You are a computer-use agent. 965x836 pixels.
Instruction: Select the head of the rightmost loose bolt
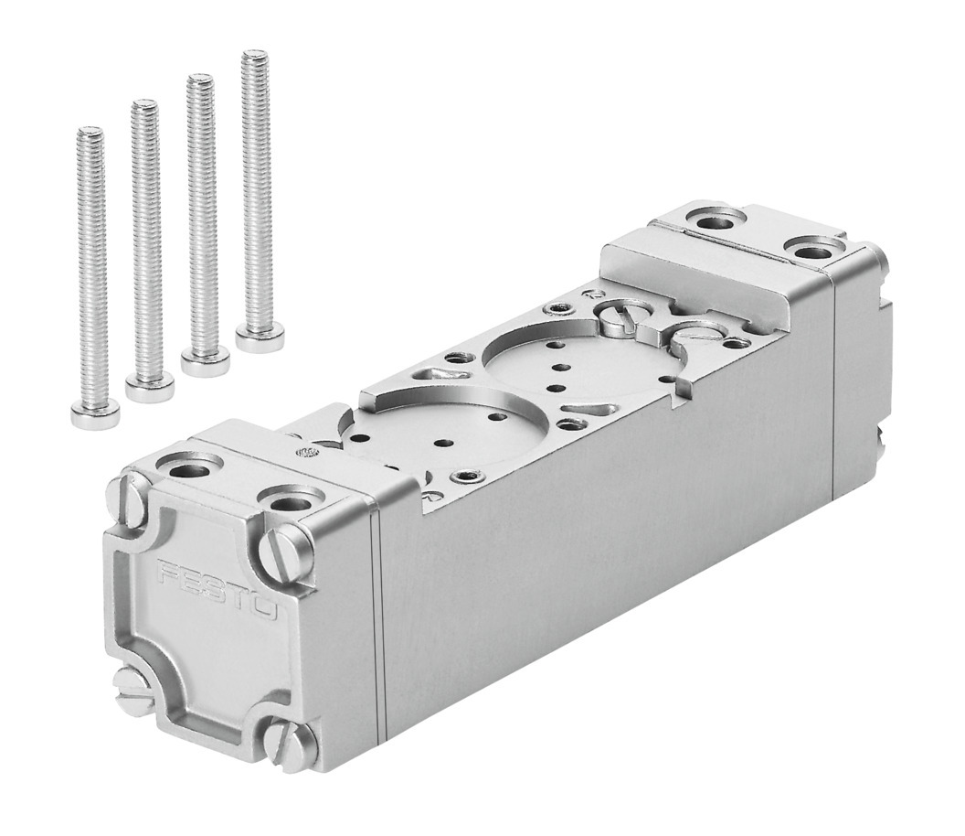coord(260,338)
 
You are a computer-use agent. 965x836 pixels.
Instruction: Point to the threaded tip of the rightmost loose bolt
coord(253,56)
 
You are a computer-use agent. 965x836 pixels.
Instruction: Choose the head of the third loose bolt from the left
coord(206,362)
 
